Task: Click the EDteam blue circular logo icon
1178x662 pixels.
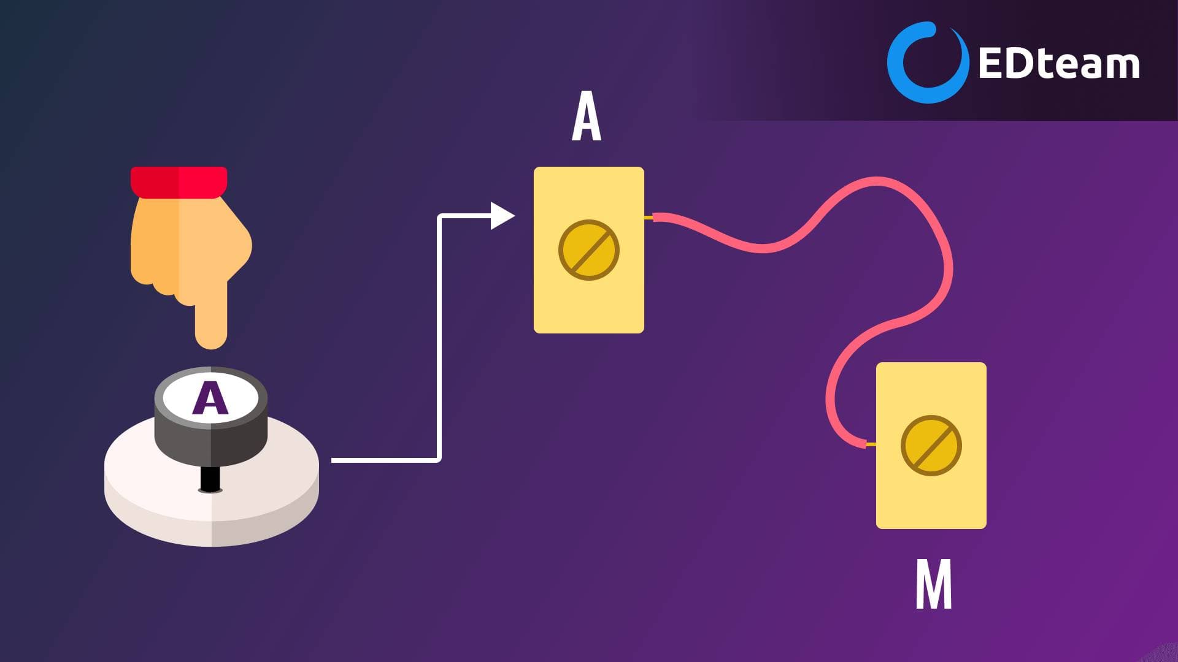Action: coord(928,62)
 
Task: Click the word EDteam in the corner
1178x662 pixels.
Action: coord(1059,63)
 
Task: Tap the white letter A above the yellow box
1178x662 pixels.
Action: coord(587,116)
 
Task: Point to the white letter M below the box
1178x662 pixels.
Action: coord(934,584)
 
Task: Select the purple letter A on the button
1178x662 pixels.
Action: coord(210,398)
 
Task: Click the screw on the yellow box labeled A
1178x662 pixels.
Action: coord(589,250)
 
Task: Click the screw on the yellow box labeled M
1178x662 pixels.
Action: coord(931,446)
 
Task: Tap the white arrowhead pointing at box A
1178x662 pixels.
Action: coord(502,216)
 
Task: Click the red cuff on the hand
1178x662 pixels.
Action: coord(179,182)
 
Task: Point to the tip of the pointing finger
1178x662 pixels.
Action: coord(211,347)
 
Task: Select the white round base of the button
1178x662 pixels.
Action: coord(212,490)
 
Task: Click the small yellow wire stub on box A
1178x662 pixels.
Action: coord(649,218)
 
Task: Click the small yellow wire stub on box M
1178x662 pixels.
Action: coord(871,444)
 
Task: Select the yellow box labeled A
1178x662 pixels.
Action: coord(589,250)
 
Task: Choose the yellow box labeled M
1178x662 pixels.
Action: coord(931,446)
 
